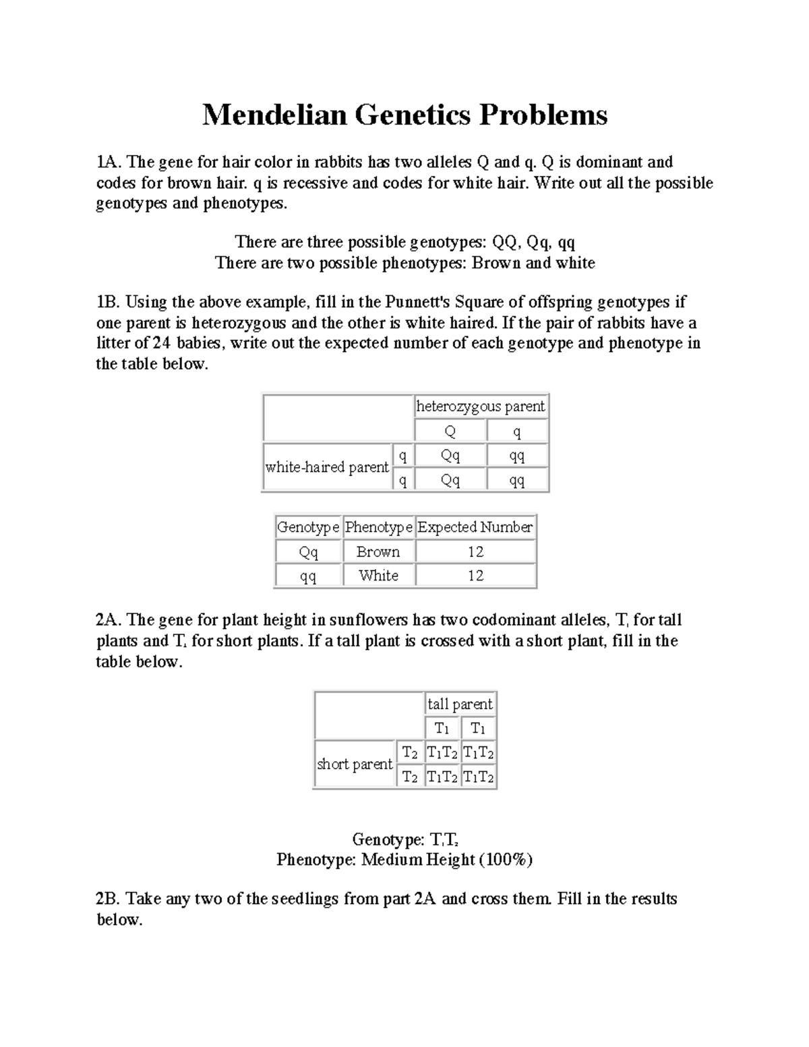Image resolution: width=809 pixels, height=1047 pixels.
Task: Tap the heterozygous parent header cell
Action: (x=481, y=407)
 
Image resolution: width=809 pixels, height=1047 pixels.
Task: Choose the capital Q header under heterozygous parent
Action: (x=450, y=431)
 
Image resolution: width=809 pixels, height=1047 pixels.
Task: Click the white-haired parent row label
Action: (x=327, y=467)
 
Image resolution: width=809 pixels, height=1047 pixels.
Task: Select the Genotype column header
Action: (x=308, y=527)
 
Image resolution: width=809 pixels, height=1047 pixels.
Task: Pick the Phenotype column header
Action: (x=378, y=527)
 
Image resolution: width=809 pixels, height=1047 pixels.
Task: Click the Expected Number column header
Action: (x=475, y=527)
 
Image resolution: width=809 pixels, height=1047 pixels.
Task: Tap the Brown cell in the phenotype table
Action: (x=378, y=552)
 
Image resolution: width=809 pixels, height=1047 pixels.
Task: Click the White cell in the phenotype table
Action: (x=378, y=576)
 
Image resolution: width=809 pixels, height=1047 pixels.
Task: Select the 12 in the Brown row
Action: (x=475, y=552)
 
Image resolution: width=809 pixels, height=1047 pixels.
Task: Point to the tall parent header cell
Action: (x=460, y=705)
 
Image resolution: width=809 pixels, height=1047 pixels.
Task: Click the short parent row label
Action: (x=355, y=765)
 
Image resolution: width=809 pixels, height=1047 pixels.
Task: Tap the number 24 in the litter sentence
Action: (x=161, y=343)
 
